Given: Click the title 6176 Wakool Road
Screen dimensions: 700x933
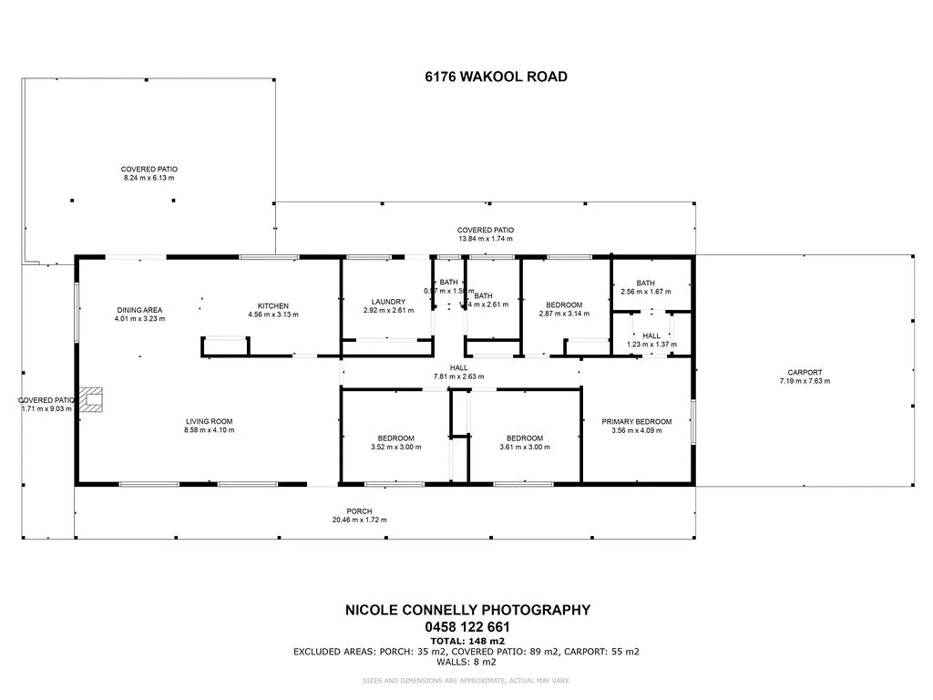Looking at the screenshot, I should coord(496,77).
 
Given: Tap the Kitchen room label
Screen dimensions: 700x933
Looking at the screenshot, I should coord(273,305).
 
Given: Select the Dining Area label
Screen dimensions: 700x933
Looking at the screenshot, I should coord(139,310).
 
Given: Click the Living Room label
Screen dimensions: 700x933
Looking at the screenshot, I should coord(210,421).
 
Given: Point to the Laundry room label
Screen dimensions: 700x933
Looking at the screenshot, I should coord(388,302).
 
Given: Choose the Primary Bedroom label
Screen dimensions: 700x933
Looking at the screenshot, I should coord(637,421).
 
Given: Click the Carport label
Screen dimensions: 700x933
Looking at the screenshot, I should coord(805,372).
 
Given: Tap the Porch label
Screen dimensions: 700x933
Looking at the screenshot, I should coord(359,510).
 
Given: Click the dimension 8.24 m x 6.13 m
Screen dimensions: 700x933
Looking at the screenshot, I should coord(149,178).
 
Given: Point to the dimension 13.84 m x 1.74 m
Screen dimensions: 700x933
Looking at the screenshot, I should coord(485,239).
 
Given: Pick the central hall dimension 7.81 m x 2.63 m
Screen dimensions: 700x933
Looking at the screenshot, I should coord(459,376).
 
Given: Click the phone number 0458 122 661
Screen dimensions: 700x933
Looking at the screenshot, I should coord(466,627).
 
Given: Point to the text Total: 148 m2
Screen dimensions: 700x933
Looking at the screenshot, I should coord(466,641).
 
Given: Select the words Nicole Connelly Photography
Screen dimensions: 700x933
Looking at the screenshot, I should coord(466,611).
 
